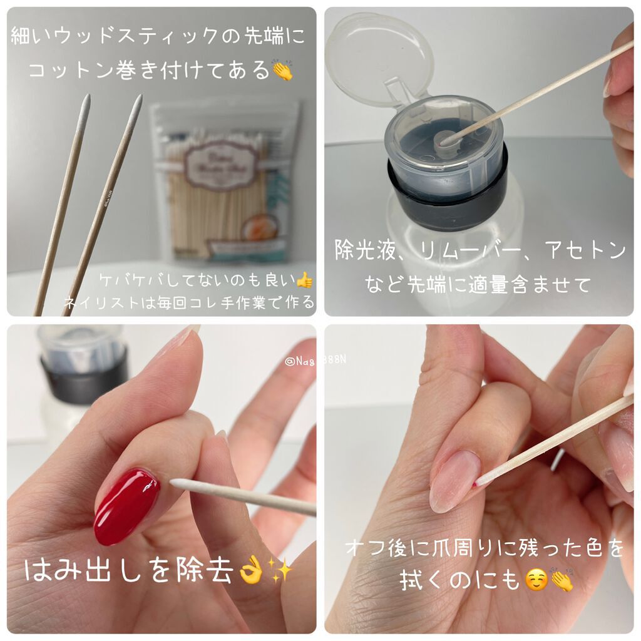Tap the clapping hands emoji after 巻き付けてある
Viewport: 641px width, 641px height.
coord(282,69)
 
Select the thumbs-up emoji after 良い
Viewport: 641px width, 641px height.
coord(304,280)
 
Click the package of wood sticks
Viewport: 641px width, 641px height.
coord(225,182)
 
